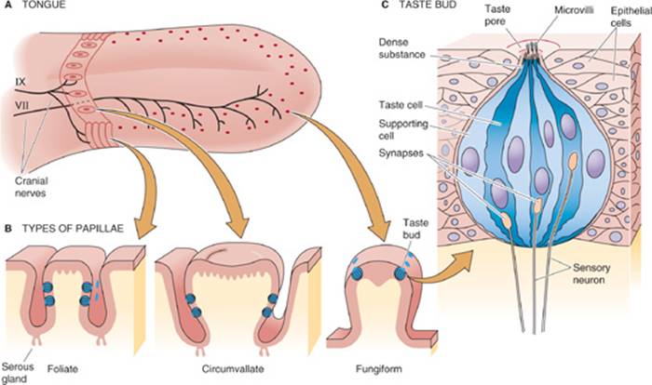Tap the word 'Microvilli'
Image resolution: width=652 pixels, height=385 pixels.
tap(574, 10)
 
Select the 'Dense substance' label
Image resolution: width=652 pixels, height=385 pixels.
tap(401, 48)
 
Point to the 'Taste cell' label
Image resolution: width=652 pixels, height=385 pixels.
tap(401, 105)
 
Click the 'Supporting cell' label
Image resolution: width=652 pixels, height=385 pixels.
tap(403, 129)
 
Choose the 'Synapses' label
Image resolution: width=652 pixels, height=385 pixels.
tap(401, 153)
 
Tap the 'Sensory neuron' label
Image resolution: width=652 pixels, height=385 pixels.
tap(591, 273)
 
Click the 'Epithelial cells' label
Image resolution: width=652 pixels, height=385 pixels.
tap(631, 16)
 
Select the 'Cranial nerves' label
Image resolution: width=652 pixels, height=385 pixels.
tap(31, 187)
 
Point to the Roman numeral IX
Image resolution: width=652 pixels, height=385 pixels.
tap(20, 82)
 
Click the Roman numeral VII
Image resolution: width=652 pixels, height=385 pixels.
tap(22, 105)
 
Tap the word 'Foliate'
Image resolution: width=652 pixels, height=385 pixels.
tap(62, 369)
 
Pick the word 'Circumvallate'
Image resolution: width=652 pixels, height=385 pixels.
tap(233, 369)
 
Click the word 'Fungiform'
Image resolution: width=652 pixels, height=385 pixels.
tap(379, 369)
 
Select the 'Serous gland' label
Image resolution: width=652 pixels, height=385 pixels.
tap(18, 373)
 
